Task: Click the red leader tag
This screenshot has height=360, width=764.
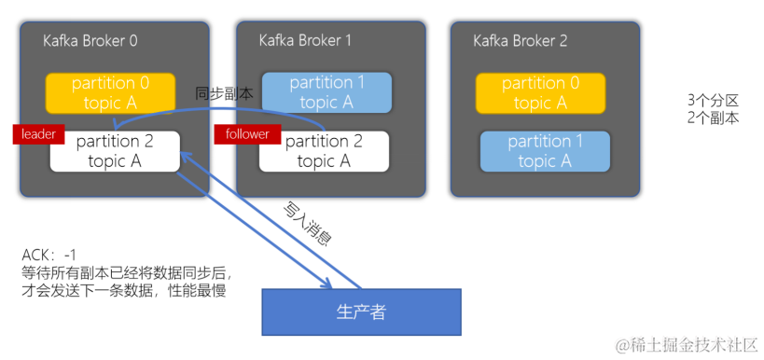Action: point(38,134)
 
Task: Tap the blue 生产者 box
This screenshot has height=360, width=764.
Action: point(361,312)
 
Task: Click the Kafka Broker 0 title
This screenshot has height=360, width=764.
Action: point(90,40)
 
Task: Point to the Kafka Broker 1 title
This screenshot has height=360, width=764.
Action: point(305,40)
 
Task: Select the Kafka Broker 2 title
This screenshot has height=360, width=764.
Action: point(521,40)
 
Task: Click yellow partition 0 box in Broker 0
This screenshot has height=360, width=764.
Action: point(111,93)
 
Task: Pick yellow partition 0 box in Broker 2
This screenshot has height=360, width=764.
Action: point(540,93)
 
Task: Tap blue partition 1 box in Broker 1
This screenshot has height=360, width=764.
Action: point(326,92)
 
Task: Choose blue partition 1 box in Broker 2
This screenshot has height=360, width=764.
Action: point(545,151)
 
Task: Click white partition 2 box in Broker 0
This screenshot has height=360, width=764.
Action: point(115,151)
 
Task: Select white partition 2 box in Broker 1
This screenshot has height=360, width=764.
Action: point(324,151)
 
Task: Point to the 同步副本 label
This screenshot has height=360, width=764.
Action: point(224,93)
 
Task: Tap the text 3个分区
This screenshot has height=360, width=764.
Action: point(714,101)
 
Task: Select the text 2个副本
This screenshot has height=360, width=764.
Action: point(714,118)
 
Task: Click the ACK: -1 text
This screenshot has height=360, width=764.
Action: point(49,255)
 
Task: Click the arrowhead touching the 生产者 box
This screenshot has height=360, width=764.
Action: point(326,283)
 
